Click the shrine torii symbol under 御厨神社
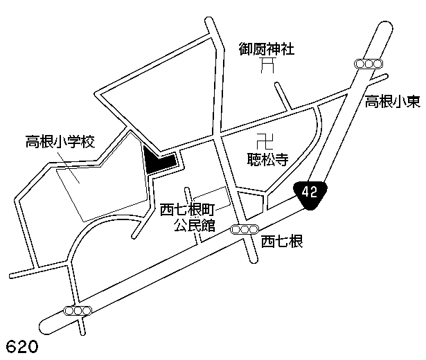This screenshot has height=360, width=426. pyautogui.click(x=267, y=67)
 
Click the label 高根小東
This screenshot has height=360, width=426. pyautogui.click(x=392, y=102)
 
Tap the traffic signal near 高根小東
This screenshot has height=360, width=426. pyautogui.click(x=369, y=64)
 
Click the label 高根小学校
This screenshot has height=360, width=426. pyautogui.click(x=60, y=143)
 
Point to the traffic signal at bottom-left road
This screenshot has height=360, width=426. pyautogui.click(x=78, y=310)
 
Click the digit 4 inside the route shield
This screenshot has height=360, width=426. pyautogui.click(x=306, y=192)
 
